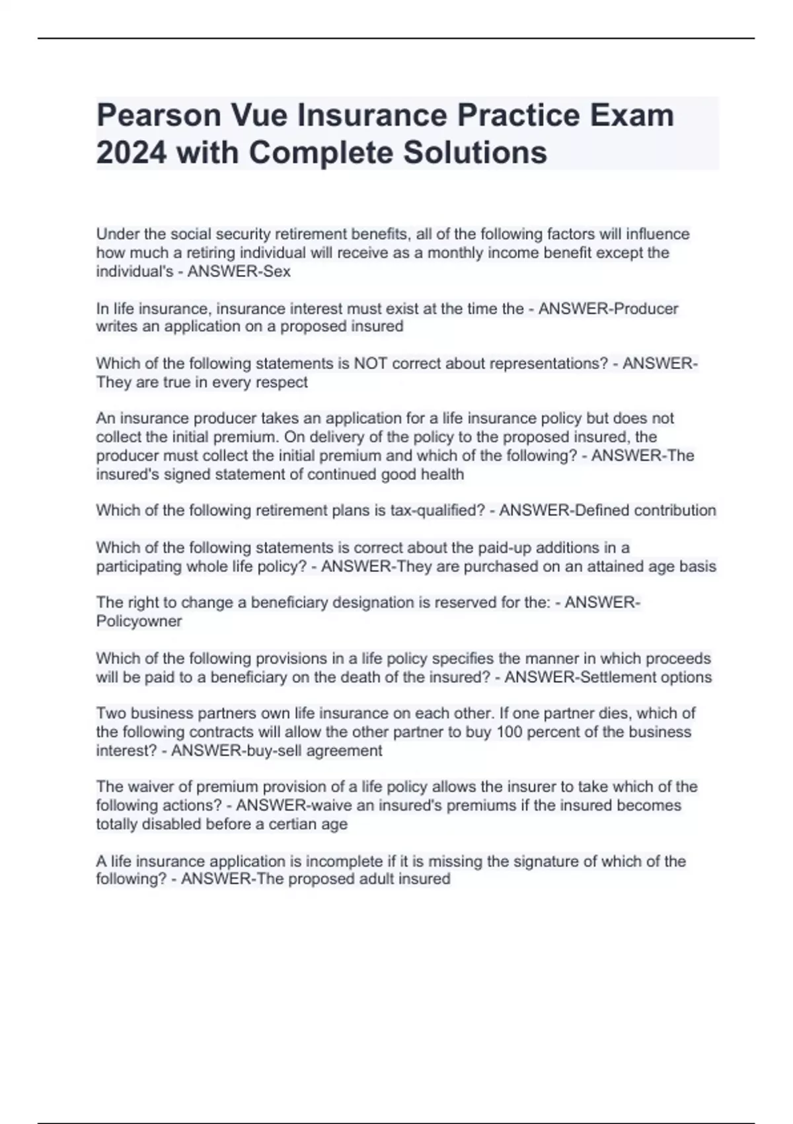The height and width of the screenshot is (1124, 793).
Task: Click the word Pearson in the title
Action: point(158,116)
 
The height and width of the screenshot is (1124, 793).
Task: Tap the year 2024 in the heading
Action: point(131,153)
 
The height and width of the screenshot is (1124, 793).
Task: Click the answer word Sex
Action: point(277,272)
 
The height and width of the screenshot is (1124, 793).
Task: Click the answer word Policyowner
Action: point(139,622)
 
